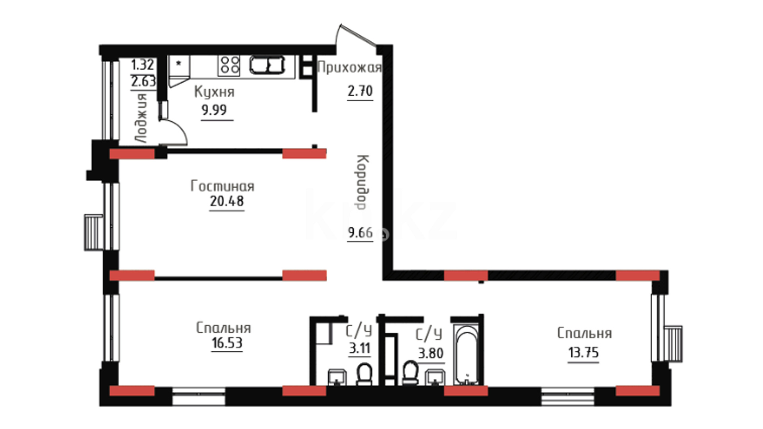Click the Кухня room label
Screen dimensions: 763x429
pyautogui.click(x=214, y=92)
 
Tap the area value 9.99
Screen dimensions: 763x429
pyautogui.click(x=214, y=110)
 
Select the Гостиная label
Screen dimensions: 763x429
pyautogui.click(x=223, y=186)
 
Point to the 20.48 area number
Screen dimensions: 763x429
pyautogui.click(x=227, y=201)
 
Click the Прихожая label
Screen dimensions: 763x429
pyautogui.click(x=350, y=68)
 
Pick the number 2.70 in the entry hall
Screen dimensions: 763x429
pyautogui.click(x=360, y=91)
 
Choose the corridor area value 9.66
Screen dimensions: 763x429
pyautogui.click(x=360, y=232)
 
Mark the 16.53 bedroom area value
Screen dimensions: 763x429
pyautogui.click(x=227, y=343)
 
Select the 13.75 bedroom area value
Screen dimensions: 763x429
pyautogui.click(x=583, y=352)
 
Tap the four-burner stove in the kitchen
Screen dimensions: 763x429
pyautogui.click(x=229, y=66)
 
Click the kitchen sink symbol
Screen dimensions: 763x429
pyautogui.click(x=267, y=66)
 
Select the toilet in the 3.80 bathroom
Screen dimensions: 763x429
pyautogui.click(x=410, y=373)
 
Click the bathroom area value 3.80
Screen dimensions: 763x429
pyautogui.click(x=431, y=353)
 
